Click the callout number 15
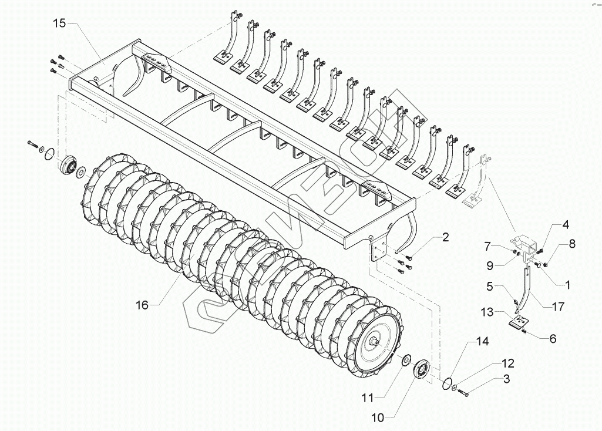(59, 23)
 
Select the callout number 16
(142, 304)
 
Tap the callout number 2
(445, 237)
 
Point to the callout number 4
(565, 224)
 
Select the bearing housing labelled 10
(422, 371)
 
